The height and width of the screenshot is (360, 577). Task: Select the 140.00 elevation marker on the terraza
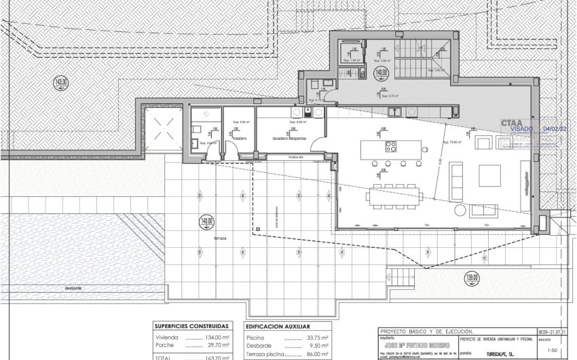[206, 221]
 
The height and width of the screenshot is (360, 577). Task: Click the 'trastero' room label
[238, 138]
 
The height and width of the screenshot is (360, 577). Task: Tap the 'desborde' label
[74, 288]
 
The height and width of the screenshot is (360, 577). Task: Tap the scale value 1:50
[546, 350]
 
